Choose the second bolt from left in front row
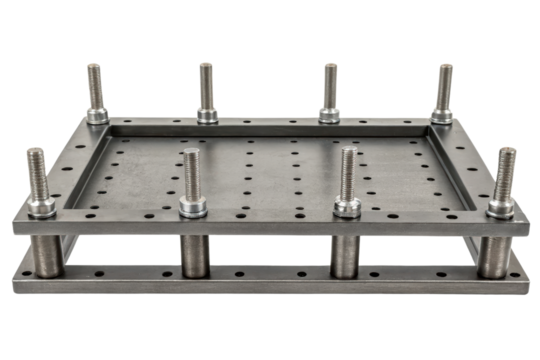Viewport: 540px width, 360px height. point(192,185)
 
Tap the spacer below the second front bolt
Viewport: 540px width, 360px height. point(194,256)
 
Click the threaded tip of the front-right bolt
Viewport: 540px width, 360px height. point(505,160)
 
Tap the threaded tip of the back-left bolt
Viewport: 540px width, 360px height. point(94,72)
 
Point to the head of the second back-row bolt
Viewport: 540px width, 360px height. point(206,114)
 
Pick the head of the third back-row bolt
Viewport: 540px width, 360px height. point(329,114)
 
